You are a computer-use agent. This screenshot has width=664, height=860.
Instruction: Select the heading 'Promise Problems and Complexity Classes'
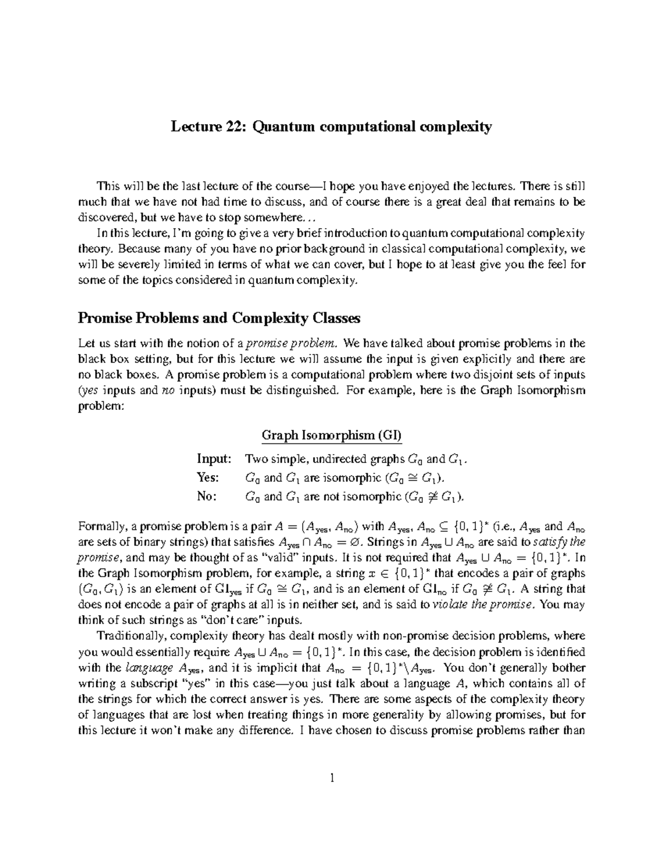tap(219, 318)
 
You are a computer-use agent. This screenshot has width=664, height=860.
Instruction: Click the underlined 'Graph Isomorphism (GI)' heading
tap(331, 435)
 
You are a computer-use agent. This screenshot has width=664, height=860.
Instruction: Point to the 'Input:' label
tap(214, 459)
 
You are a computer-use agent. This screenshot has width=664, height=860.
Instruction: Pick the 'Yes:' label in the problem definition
tap(208, 477)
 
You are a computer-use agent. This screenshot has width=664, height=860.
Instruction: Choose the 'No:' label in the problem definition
tap(207, 496)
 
